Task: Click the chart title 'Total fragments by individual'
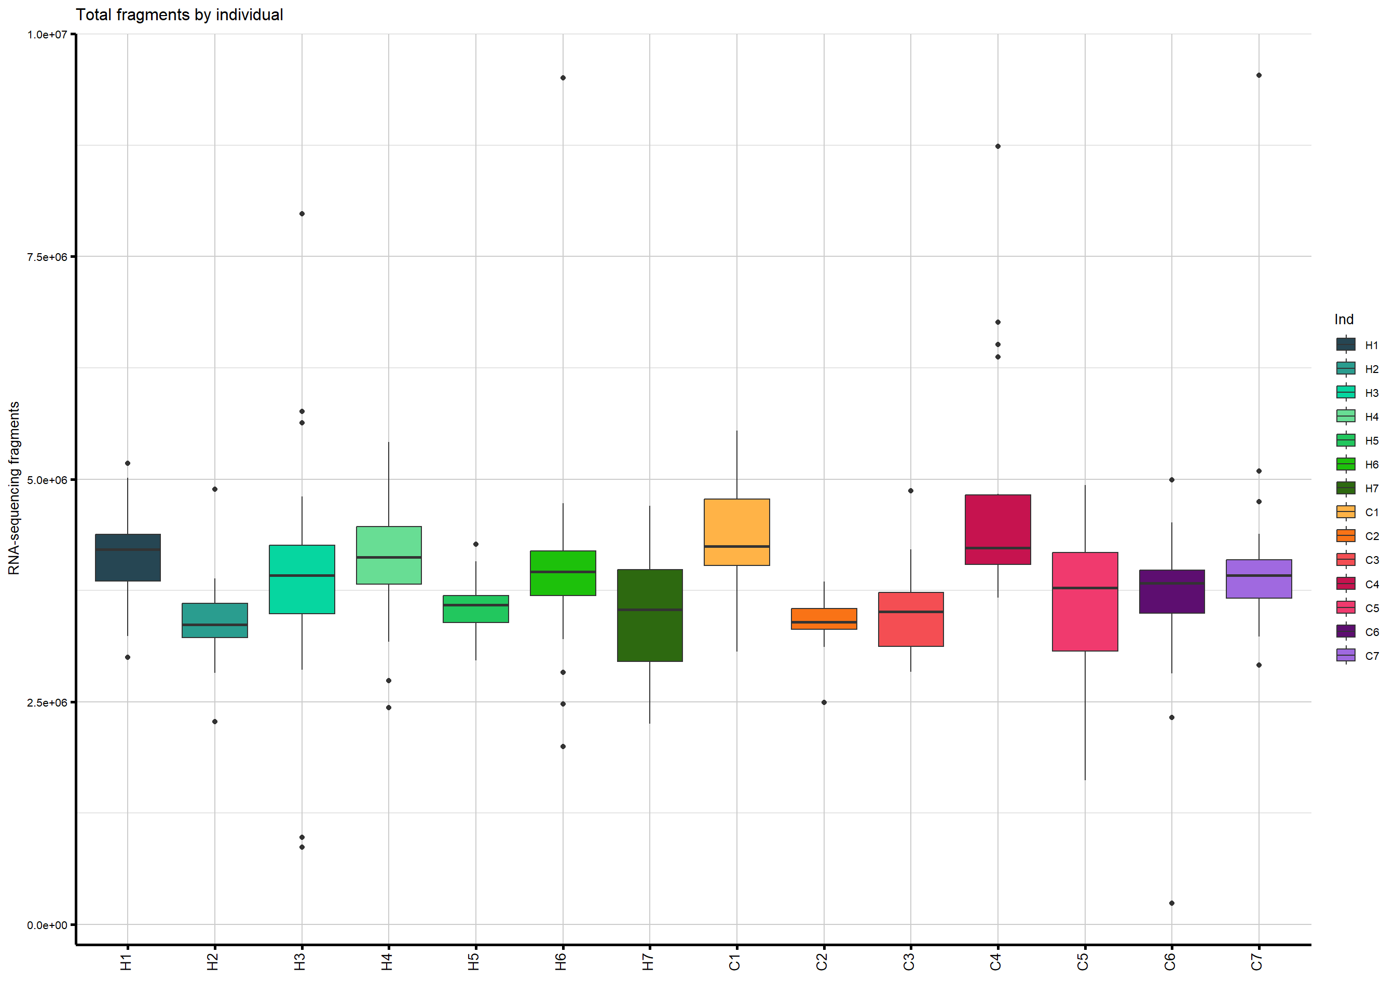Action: click(x=179, y=15)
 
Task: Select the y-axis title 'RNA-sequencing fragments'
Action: click(x=13, y=488)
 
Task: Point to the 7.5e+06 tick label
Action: click(x=47, y=257)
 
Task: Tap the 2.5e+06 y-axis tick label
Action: click(x=47, y=702)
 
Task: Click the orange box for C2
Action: click(x=824, y=618)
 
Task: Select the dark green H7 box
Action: click(x=650, y=615)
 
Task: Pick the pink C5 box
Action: click(x=1085, y=601)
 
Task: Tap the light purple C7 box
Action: click(x=1259, y=578)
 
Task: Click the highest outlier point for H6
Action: click(x=563, y=78)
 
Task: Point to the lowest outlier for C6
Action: click(x=1172, y=903)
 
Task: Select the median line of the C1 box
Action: click(x=737, y=546)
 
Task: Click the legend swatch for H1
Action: click(x=1346, y=344)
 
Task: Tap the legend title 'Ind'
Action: click(x=1344, y=320)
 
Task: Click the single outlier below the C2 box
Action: click(x=824, y=702)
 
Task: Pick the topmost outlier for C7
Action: click(x=1259, y=75)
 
